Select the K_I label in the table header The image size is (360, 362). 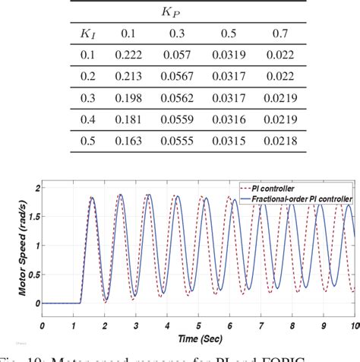pos(86,34)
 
